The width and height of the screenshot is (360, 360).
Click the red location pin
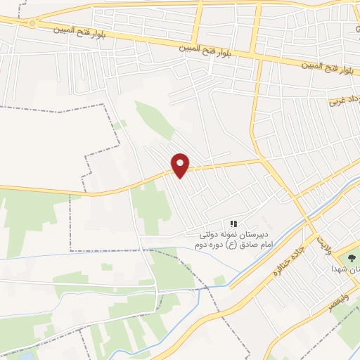click(181, 165)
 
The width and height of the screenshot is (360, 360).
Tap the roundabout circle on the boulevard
click(32, 23)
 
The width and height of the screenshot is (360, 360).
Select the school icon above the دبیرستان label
click(233, 224)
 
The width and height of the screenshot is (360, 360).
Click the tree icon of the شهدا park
click(352, 259)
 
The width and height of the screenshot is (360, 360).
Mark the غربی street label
click(339, 103)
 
